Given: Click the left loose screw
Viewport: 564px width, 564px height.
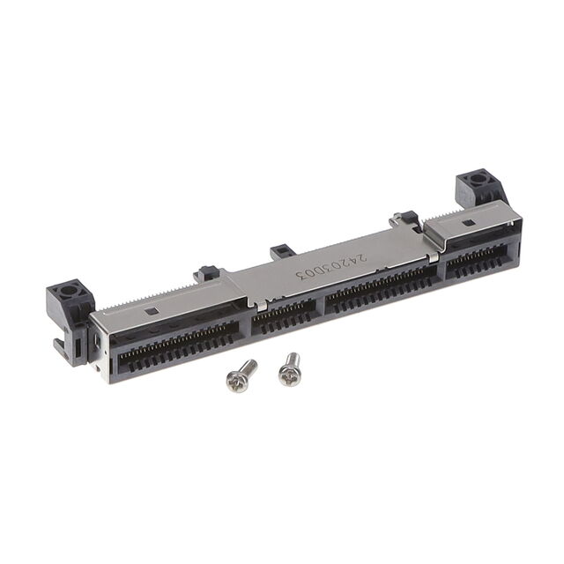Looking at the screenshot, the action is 241,375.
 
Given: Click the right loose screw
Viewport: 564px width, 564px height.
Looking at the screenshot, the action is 289,369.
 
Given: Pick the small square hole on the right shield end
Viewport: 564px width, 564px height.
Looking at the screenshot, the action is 467,223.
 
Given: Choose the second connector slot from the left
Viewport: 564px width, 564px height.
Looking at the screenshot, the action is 284,316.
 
